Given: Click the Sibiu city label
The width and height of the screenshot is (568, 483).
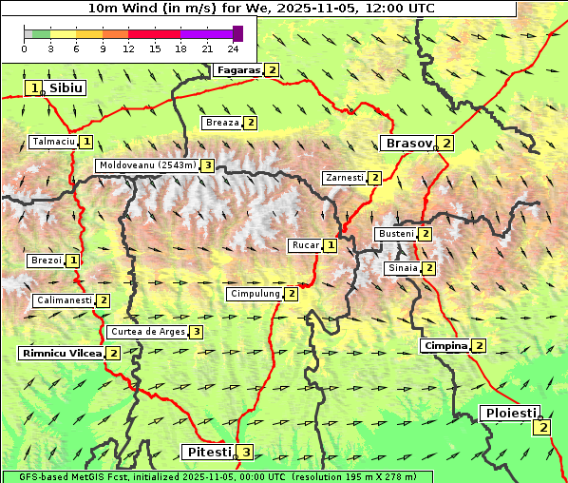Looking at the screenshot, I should pyautogui.click(x=66, y=87).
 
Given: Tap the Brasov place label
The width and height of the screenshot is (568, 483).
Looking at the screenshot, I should pyautogui.click(x=407, y=143).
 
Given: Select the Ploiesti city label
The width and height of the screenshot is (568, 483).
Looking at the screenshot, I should pyautogui.click(x=511, y=413).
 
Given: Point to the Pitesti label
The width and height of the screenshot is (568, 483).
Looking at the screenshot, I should pyautogui.click(x=207, y=452).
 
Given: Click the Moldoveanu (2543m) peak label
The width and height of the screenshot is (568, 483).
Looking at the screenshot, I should pyautogui.click(x=146, y=165).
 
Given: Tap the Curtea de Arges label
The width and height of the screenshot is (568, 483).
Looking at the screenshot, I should pyautogui.click(x=146, y=332).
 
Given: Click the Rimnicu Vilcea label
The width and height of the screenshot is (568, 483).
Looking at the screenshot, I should pyautogui.click(x=61, y=353).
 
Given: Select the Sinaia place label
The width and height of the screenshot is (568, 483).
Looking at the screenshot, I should pyautogui.click(x=401, y=268).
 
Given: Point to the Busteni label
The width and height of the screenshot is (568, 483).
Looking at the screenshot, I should pyautogui.click(x=396, y=234).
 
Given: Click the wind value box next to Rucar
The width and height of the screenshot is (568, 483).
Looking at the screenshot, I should pyautogui.click(x=331, y=245).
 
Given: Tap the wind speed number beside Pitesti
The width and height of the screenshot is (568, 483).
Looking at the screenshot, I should pyautogui.click(x=246, y=452).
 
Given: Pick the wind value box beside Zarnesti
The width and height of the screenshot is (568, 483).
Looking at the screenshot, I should pyautogui.click(x=375, y=178).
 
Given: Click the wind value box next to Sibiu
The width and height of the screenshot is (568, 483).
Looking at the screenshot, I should pyautogui.click(x=34, y=88).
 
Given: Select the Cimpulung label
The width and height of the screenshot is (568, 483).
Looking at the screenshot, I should pyautogui.click(x=255, y=294).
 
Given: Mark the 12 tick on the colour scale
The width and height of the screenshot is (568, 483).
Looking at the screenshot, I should pyautogui.click(x=129, y=48).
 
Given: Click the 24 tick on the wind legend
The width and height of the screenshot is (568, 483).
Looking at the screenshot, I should pyautogui.click(x=234, y=48).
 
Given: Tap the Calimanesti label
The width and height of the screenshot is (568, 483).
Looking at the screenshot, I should pyautogui.click(x=64, y=300).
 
